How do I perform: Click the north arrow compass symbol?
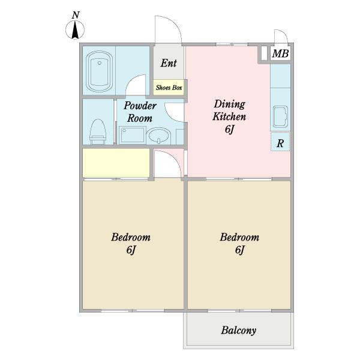pyautogui.click(x=75, y=30)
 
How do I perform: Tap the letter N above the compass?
pyautogui.click(x=76, y=15)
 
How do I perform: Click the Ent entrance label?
pyautogui.click(x=169, y=63)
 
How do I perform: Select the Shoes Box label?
pyautogui.click(x=169, y=88)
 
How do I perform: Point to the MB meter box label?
pyautogui.click(x=280, y=54)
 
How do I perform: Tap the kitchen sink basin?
pyautogui.click(x=280, y=116)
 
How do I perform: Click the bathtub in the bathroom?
pyautogui.click(x=99, y=71)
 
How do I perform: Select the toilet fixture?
pyautogui.click(x=98, y=131)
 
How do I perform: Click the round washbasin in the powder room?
pyautogui.click(x=158, y=136)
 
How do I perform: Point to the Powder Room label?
pyautogui.click(x=140, y=112)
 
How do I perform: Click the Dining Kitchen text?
pyautogui.click(x=229, y=110)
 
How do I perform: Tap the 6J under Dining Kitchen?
pyautogui.click(x=229, y=129)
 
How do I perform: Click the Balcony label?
pyautogui.click(x=239, y=331)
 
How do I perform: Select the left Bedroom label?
pyautogui.click(x=131, y=237)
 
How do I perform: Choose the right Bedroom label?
pyautogui.click(x=239, y=237)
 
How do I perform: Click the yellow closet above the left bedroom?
pyautogui.click(x=116, y=163)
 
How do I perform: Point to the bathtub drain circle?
pyautogui.click(x=100, y=63)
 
